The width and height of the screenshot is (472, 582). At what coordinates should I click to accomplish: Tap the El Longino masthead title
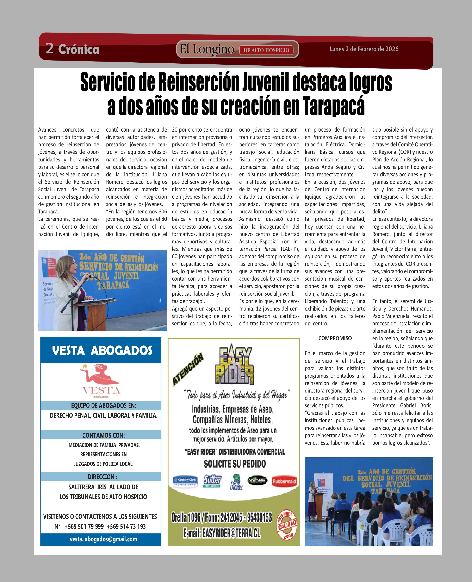click(207, 49)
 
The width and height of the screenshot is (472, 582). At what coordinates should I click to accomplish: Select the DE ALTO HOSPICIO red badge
click(266, 50)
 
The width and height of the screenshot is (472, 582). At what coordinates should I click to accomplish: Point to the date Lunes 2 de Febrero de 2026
click(364, 49)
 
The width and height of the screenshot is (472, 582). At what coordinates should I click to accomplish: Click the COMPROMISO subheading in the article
click(335, 338)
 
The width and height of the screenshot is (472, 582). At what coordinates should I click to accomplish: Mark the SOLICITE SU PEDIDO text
click(235, 464)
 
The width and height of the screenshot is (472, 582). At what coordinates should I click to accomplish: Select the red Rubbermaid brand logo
click(284, 481)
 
